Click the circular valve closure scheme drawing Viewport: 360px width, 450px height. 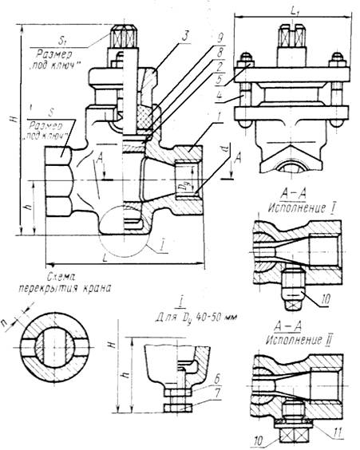pyautogui.click(x=55, y=348)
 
